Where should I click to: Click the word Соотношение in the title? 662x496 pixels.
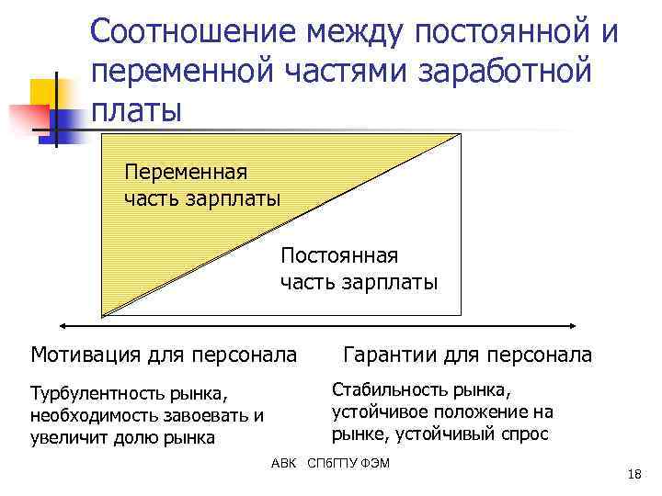(x=194, y=34)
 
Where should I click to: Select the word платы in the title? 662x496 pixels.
(x=137, y=109)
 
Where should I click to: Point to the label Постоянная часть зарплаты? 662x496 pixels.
(x=359, y=267)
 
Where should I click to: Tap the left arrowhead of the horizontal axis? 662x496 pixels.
(x=63, y=324)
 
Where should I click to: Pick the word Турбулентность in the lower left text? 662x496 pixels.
(x=95, y=394)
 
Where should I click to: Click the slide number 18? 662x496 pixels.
(x=633, y=474)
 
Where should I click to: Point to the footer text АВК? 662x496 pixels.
(x=284, y=462)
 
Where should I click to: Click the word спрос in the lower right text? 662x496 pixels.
(x=525, y=434)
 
